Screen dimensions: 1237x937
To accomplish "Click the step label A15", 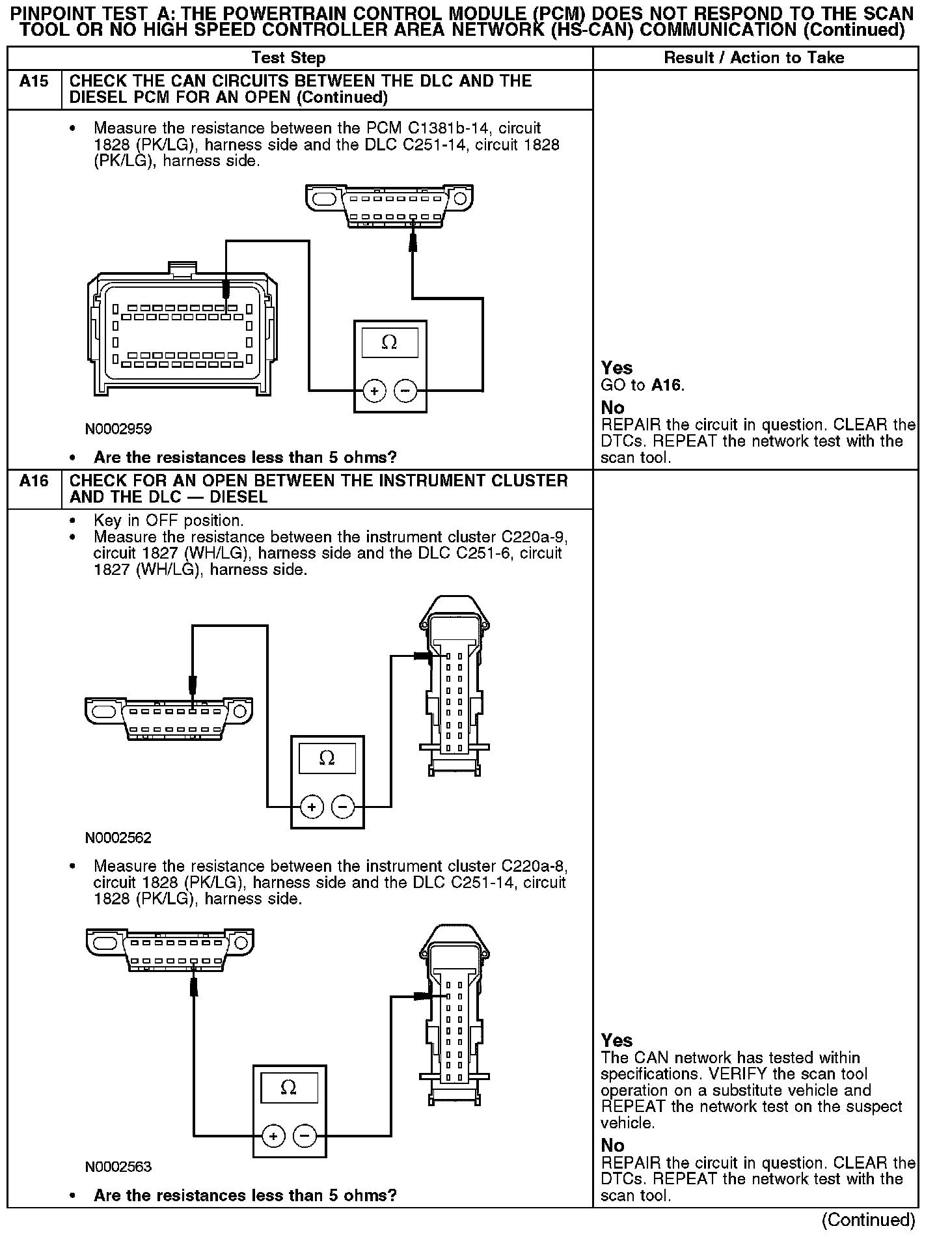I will tap(34, 81).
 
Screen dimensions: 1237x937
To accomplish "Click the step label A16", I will tap(34, 481).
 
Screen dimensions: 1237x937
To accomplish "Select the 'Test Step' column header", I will tap(288, 58).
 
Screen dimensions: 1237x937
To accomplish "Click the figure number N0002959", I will tap(118, 429).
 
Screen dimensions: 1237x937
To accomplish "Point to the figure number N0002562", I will tap(118, 838).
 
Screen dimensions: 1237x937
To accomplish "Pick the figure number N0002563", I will tap(118, 1167).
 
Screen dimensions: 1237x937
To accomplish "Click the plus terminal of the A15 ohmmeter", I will tap(373, 391).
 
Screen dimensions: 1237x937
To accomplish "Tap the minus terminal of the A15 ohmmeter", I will tap(405, 391).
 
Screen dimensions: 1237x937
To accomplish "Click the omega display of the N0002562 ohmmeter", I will tap(327, 758).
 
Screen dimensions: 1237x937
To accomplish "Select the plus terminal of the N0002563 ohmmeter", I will tap(273, 1137).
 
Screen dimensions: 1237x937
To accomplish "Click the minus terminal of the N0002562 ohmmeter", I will tap(343, 807).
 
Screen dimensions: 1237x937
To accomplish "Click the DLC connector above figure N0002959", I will tap(390, 206).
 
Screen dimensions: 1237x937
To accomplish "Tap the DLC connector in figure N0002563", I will tap(170, 951).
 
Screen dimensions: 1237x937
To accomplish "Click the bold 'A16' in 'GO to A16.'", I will tap(667, 385).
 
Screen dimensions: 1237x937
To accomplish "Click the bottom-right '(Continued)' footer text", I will tap(869, 1219).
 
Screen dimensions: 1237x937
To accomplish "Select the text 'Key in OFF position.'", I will tap(169, 521).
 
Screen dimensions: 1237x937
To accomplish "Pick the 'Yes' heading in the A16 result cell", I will tap(617, 1040).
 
